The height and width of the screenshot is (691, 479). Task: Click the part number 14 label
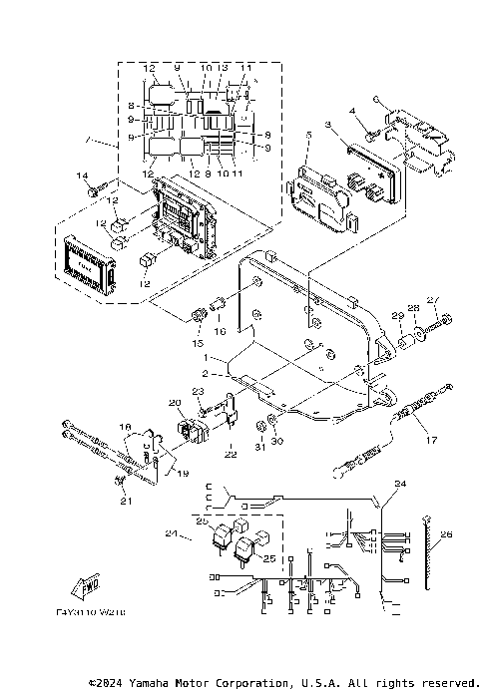coord(83,175)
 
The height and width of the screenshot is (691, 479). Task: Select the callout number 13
coord(225,67)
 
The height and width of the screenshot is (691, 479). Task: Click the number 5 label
coord(308,134)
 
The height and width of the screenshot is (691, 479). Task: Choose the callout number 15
coord(196,342)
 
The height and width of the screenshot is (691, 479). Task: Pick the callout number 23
coord(198,391)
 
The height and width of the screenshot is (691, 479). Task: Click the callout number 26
coord(446,534)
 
